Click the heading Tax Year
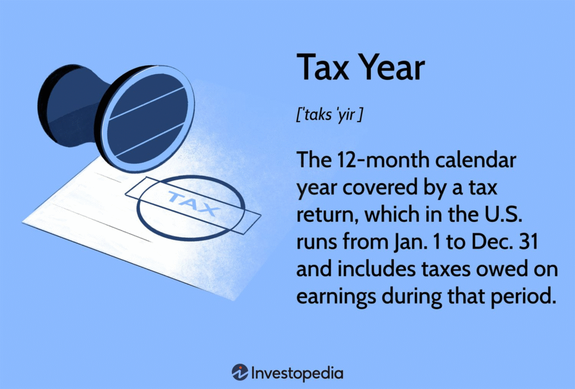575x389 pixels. pyautogui.click(x=360, y=67)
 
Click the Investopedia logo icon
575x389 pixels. pyautogui.click(x=240, y=373)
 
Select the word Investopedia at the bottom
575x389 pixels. pyautogui.click(x=298, y=373)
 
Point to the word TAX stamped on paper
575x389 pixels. pyautogui.click(x=193, y=203)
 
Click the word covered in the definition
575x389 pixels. pyautogui.click(x=379, y=188)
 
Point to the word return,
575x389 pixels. pyautogui.click(x=327, y=215)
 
